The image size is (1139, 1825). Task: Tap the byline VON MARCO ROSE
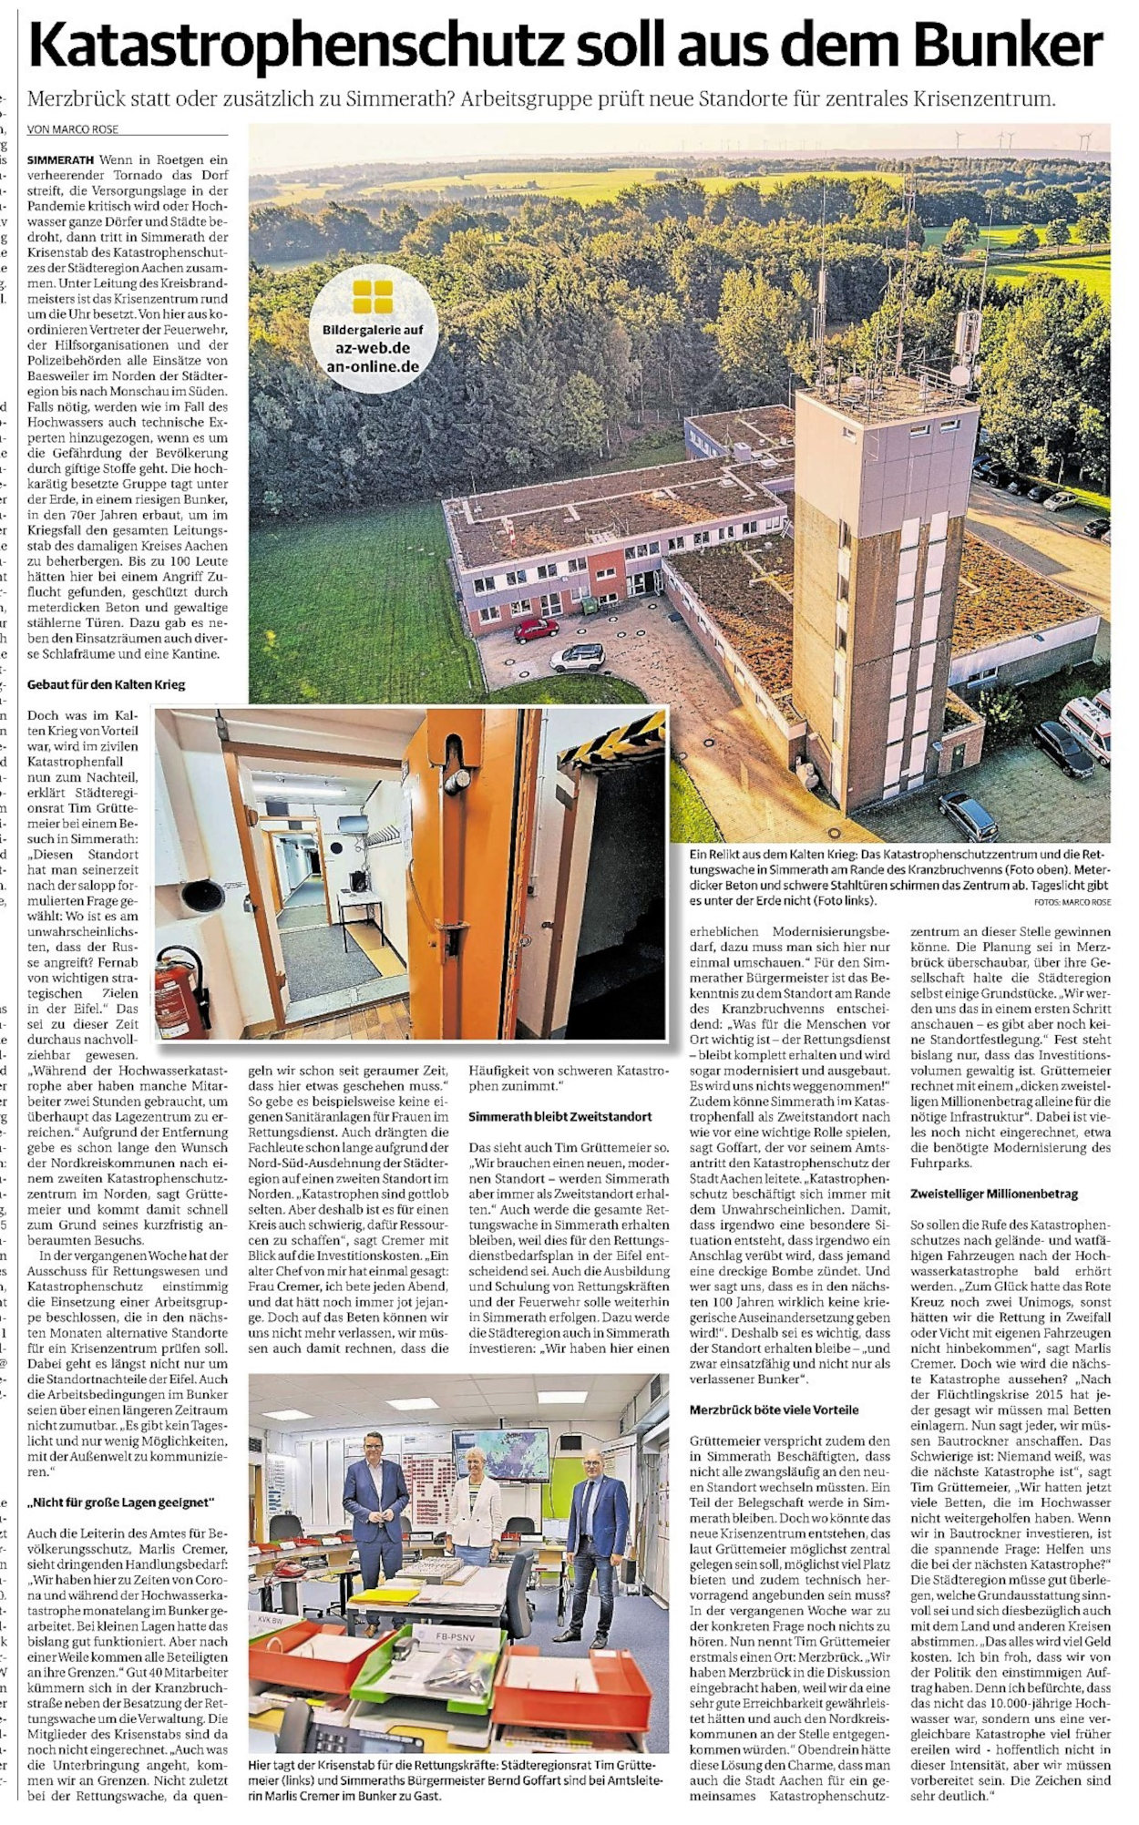(x=73, y=129)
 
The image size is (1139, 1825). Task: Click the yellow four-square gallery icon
(x=373, y=296)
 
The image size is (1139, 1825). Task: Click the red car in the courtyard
(x=536, y=629)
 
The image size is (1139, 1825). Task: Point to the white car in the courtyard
(x=577, y=656)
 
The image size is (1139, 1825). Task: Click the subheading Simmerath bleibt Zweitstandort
(x=559, y=1116)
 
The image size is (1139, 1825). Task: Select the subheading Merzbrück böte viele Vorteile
(x=774, y=1410)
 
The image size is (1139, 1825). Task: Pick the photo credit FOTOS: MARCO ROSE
(x=1072, y=902)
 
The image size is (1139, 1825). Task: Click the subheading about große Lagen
(x=119, y=1502)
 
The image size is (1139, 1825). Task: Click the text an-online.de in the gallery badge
(x=373, y=367)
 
